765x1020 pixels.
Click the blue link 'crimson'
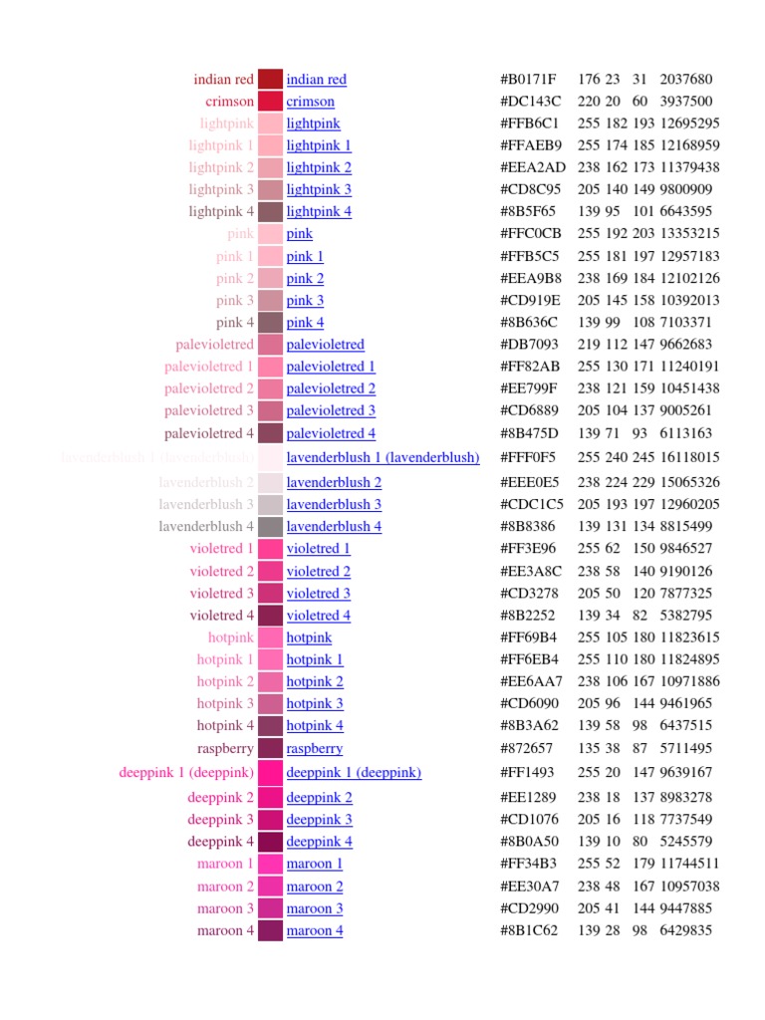pyautogui.click(x=310, y=102)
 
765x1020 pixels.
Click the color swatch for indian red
pyautogui.click(x=270, y=80)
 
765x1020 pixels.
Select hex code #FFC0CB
pyautogui.click(x=530, y=234)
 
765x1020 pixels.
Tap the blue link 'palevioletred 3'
pyautogui.click(x=331, y=410)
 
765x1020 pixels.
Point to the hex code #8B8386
pyautogui.click(x=528, y=526)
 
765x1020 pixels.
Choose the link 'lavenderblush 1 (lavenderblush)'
pyautogui.click(x=382, y=457)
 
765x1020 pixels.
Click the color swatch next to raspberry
pyautogui.click(x=270, y=748)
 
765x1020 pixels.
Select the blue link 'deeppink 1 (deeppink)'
pyautogui.click(x=354, y=772)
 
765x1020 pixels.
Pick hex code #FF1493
pyautogui.click(x=528, y=772)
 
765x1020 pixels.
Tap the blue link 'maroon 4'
pyautogui.click(x=315, y=930)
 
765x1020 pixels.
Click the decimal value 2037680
pyautogui.click(x=686, y=80)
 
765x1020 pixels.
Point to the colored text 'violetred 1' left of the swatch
pyautogui.click(x=221, y=549)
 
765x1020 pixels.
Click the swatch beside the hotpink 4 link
pyautogui.click(x=270, y=725)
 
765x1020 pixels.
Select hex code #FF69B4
pyautogui.click(x=529, y=637)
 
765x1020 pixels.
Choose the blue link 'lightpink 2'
pyautogui.click(x=319, y=167)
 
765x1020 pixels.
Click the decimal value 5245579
pyautogui.click(x=686, y=842)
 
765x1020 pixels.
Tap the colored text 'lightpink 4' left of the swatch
pyautogui.click(x=221, y=211)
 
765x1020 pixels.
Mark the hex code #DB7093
pyautogui.click(x=529, y=345)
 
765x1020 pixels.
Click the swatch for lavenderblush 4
pyautogui.click(x=270, y=526)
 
